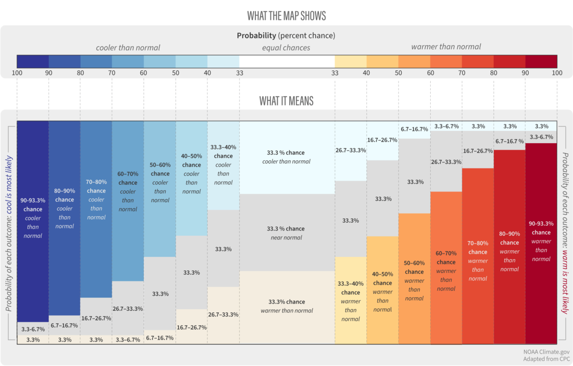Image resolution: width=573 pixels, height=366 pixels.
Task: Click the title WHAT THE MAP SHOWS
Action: click(x=286, y=16)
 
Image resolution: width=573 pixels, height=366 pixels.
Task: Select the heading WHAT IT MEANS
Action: click(x=286, y=101)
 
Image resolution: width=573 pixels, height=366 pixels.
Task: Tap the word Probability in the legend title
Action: click(x=256, y=35)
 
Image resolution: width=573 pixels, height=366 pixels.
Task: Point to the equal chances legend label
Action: click(x=286, y=47)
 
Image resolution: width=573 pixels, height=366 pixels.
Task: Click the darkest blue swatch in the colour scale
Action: click(x=33, y=61)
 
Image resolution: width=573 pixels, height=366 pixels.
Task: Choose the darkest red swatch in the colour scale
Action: click(x=541, y=61)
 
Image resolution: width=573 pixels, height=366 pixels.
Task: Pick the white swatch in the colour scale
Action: click(x=287, y=61)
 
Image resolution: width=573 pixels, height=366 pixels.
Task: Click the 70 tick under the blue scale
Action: click(x=112, y=73)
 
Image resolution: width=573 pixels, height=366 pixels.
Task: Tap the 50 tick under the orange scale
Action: click(x=398, y=73)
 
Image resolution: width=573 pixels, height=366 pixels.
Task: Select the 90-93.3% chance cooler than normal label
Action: click(x=33, y=218)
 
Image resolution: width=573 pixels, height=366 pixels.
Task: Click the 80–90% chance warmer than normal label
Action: click(x=509, y=251)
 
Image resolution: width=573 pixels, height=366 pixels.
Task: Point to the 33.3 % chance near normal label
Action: click(x=286, y=233)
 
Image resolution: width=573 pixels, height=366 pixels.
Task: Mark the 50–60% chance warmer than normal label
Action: click(x=414, y=281)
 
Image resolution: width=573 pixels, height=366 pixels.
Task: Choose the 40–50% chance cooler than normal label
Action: click(x=191, y=174)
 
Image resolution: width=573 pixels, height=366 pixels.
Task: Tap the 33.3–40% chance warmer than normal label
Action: click(x=351, y=301)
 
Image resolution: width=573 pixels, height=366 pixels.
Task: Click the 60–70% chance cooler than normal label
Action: click(x=128, y=191)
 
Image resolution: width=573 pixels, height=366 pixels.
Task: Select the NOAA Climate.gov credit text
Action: click(x=546, y=351)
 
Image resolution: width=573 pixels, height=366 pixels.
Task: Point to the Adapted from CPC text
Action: click(x=546, y=359)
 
